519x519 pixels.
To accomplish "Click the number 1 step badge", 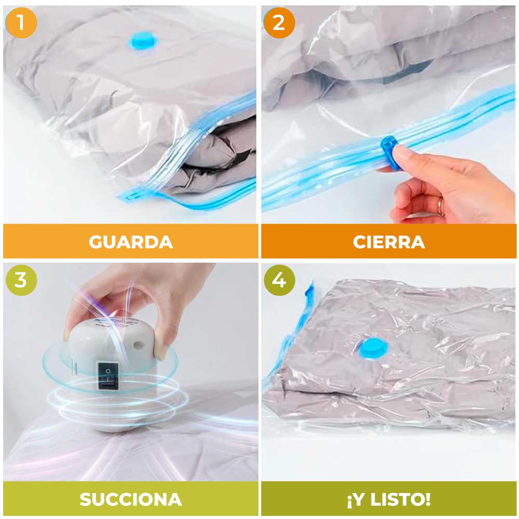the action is [x=21, y=22].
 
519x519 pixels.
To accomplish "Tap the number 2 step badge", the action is [x=279, y=22].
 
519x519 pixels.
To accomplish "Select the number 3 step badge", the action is [x=21, y=280].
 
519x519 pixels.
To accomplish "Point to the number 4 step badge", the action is [x=279, y=280].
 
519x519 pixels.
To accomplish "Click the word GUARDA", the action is [x=131, y=242].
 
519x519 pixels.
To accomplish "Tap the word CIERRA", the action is [x=389, y=242].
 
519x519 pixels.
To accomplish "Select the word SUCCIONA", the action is [x=131, y=499].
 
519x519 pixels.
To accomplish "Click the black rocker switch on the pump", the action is [x=108, y=375].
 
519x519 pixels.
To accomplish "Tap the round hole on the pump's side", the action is [x=138, y=346].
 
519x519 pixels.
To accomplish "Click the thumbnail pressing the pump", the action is [x=162, y=352].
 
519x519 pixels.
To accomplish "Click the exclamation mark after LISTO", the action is [x=427, y=499].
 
